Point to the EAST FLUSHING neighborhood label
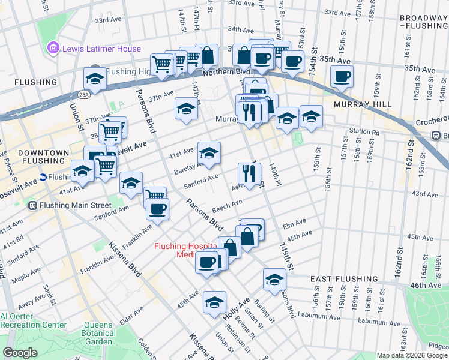click(x=345, y=279)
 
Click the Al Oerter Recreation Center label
click(x=34, y=320)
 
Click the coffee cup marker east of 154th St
click(x=342, y=76)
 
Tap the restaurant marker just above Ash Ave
click(x=249, y=173)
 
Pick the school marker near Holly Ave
click(x=214, y=302)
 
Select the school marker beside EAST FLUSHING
click(x=274, y=280)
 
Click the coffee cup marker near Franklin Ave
click(x=157, y=209)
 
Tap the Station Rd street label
click(x=368, y=132)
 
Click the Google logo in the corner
click(x=19, y=353)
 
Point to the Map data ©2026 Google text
click(x=411, y=355)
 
